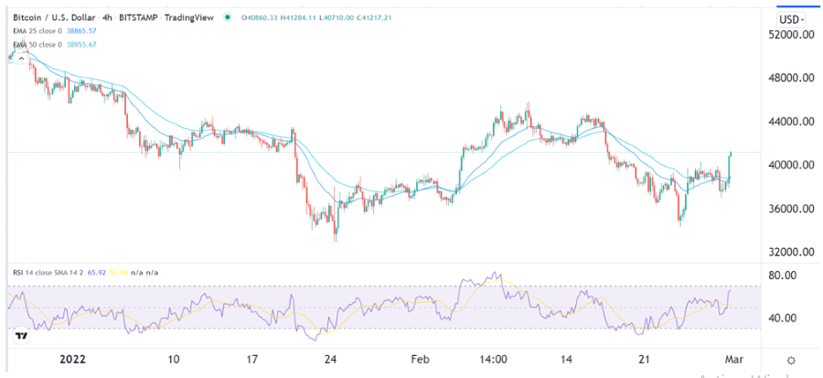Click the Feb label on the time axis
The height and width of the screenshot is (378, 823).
point(419,361)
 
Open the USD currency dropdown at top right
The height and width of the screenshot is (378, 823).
point(791,19)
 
